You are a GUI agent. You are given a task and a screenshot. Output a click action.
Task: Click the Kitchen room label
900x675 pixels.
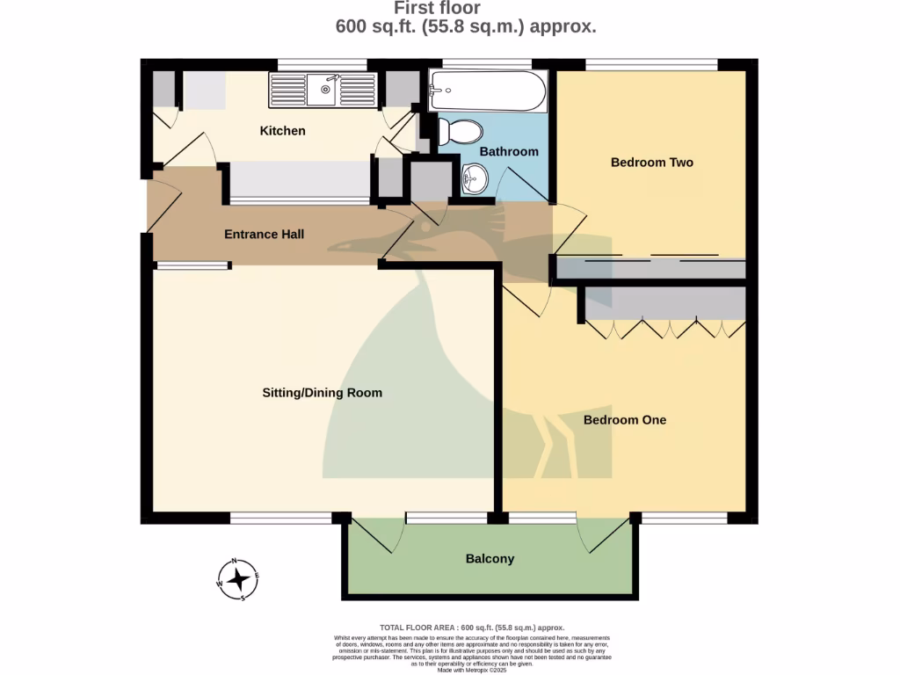(x=282, y=131)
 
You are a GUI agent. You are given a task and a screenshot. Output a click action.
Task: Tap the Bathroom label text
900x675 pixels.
(x=508, y=151)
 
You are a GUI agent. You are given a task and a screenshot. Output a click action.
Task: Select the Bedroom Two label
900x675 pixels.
(x=651, y=163)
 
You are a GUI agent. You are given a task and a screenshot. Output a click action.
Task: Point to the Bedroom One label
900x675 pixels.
(x=624, y=420)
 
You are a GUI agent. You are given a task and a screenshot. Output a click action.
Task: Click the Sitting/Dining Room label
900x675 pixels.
(x=323, y=392)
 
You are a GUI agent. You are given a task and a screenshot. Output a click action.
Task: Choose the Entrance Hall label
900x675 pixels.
(x=264, y=235)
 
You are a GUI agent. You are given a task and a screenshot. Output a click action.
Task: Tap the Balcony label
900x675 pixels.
(x=490, y=559)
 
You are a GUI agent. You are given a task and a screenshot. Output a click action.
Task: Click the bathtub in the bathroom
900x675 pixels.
(x=487, y=91)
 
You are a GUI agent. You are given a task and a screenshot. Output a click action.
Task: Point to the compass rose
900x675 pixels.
(x=236, y=579)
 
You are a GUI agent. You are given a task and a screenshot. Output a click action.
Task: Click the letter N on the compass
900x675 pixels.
(x=235, y=562)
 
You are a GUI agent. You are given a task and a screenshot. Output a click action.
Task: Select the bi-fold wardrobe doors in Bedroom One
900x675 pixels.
(x=666, y=329)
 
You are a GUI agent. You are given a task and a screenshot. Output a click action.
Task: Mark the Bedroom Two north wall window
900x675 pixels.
(x=651, y=64)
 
